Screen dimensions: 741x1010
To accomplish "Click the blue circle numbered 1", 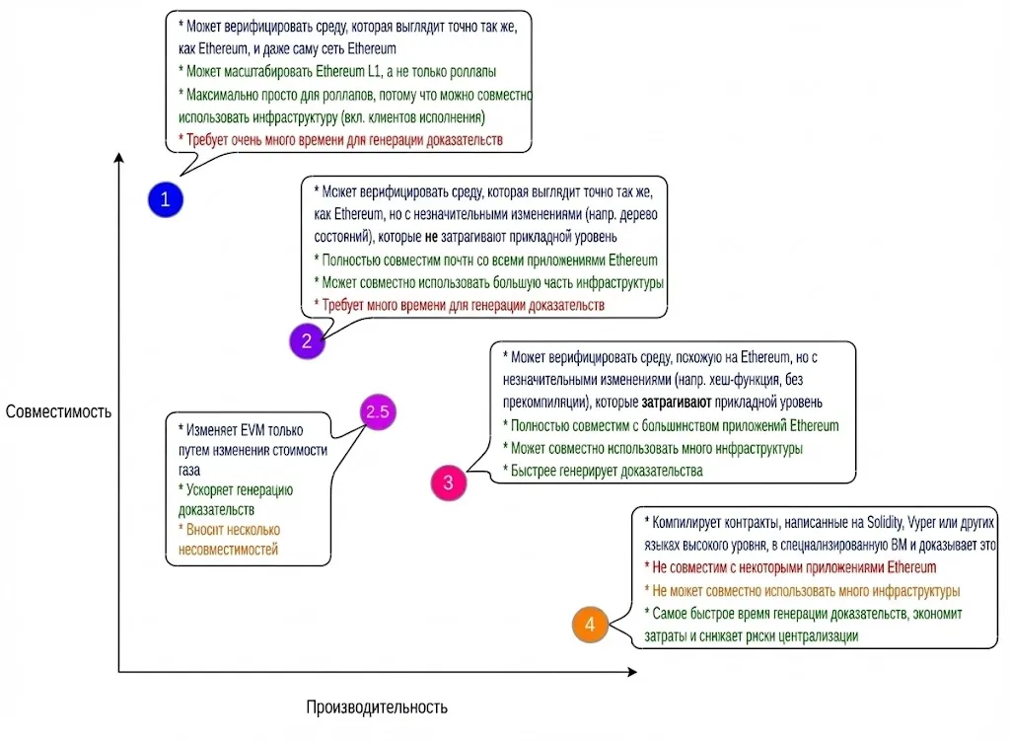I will click(166, 199).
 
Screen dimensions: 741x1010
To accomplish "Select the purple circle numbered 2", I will click(307, 341).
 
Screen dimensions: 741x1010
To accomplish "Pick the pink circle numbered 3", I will click(448, 482).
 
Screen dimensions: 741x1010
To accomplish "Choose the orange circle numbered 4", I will click(590, 624).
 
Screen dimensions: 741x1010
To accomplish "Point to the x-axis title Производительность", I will click(377, 706).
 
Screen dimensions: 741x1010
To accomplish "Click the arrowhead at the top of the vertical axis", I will click(119, 157).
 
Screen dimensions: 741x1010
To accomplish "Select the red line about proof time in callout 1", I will click(340, 140).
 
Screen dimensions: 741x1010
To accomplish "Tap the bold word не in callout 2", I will click(430, 237).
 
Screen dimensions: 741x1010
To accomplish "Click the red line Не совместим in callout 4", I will click(789, 567).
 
